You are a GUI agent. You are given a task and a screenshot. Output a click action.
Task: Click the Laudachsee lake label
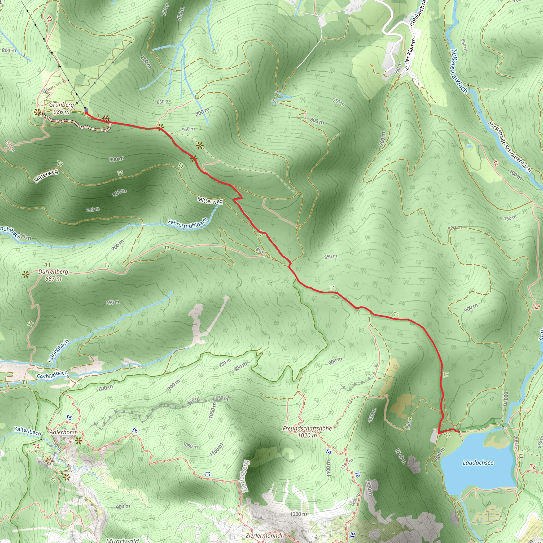tap(478, 462)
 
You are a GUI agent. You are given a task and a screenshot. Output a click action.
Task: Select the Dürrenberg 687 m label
tap(53, 275)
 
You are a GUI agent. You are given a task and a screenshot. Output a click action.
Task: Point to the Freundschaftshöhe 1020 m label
tap(307, 432)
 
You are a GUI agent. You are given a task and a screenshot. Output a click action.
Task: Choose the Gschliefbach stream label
tap(52, 374)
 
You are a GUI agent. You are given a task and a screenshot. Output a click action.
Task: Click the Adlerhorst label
tap(63, 432)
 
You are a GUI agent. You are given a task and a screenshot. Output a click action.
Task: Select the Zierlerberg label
tap(245, 476)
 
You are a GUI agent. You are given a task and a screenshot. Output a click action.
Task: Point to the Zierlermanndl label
tap(264, 535)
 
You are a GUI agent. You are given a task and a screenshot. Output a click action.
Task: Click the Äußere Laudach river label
tap(459, 71)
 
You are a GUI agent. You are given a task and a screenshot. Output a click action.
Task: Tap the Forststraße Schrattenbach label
tap(509, 147)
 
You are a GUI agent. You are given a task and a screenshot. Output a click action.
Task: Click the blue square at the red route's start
tap(86, 110)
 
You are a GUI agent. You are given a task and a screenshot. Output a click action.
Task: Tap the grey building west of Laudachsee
tap(434, 436)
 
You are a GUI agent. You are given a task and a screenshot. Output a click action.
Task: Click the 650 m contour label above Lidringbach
tap(112, 303)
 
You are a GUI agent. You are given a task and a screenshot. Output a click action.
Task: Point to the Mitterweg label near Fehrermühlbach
tap(210, 201)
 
